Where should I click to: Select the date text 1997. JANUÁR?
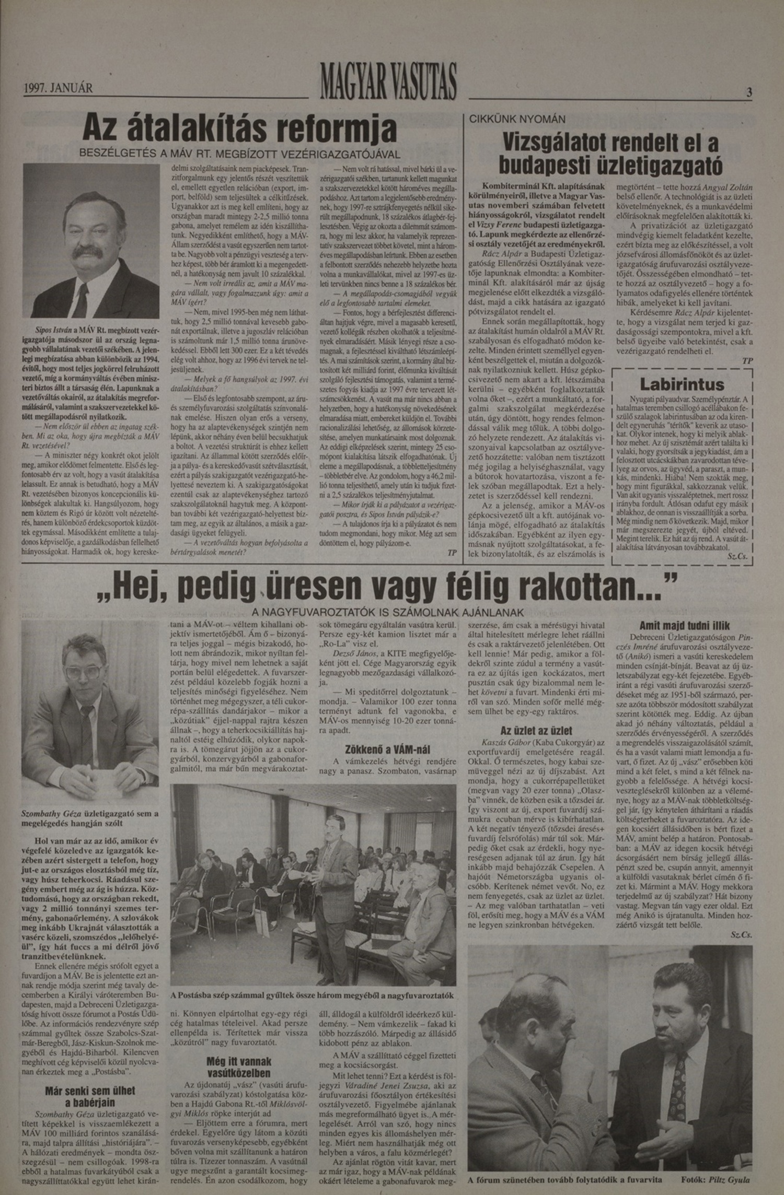pos(59,88)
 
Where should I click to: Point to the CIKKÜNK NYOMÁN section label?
pos(510,119)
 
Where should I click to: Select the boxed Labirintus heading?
pos(682,384)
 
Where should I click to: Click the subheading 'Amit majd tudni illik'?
pos(684,626)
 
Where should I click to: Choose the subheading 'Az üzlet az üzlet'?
pos(536,731)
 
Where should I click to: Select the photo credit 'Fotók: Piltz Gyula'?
pos(716,1180)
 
